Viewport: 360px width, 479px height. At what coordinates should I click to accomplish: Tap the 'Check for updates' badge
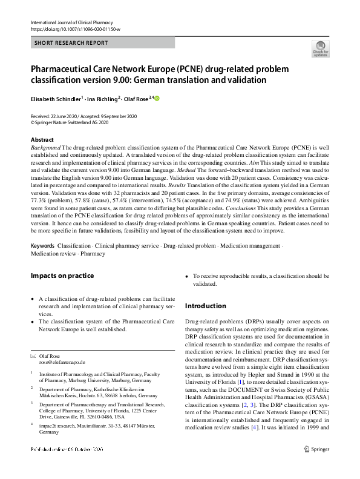[320, 48]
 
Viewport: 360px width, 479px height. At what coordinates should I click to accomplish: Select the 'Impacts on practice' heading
[62, 276]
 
